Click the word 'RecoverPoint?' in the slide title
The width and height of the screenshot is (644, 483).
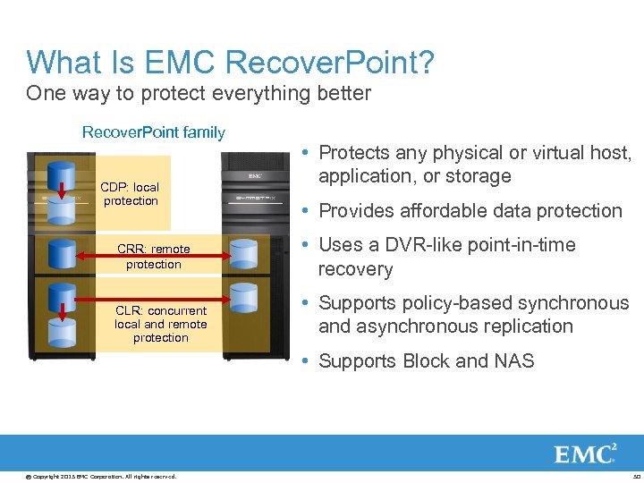[331, 63]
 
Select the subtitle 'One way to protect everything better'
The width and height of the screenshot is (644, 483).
[199, 93]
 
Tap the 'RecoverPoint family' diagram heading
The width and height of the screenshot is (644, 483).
[153, 132]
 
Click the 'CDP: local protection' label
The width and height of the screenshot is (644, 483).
[130, 194]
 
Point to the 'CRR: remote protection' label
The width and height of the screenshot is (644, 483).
[153, 257]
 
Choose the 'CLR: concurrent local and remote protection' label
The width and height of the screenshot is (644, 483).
[160, 324]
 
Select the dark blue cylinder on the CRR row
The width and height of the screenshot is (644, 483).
[61, 254]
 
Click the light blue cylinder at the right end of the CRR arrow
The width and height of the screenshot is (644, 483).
[243, 254]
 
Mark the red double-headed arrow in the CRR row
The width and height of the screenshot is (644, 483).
[153, 256]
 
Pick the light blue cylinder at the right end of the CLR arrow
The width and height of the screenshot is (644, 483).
[243, 298]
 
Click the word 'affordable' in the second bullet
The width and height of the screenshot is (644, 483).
[445, 211]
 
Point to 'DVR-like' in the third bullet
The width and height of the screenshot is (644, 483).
[414, 245]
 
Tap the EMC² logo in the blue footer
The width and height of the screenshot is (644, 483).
[585, 453]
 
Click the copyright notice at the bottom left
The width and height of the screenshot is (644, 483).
[100, 476]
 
